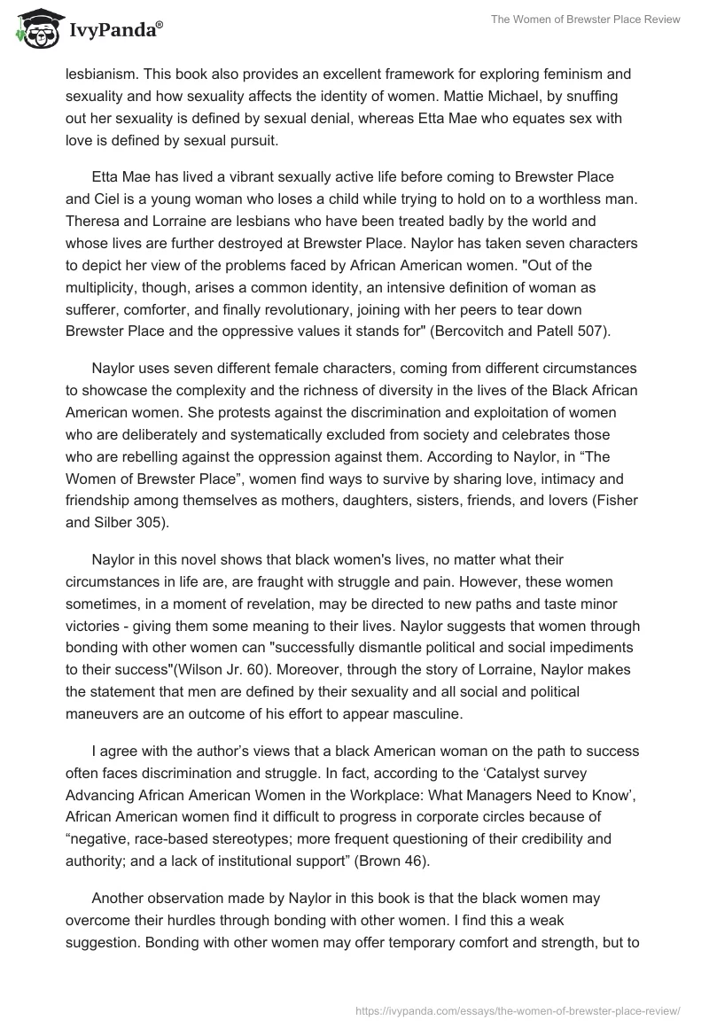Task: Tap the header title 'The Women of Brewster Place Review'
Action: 577,19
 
